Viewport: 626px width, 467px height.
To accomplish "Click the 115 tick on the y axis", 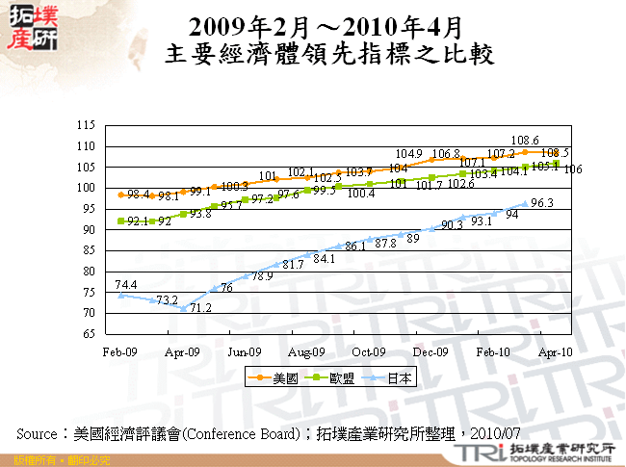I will [85, 125].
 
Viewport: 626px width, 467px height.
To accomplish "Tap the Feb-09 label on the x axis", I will [119, 352].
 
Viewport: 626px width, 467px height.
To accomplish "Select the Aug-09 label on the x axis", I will [306, 352].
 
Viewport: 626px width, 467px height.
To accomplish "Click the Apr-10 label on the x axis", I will [556, 352].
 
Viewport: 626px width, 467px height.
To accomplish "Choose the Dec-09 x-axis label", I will [431, 352].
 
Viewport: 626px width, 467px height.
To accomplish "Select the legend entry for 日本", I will [397, 377].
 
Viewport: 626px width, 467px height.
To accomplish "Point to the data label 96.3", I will [542, 202].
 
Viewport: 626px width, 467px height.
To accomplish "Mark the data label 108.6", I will [524, 140].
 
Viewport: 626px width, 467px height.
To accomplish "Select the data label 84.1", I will [324, 258].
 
